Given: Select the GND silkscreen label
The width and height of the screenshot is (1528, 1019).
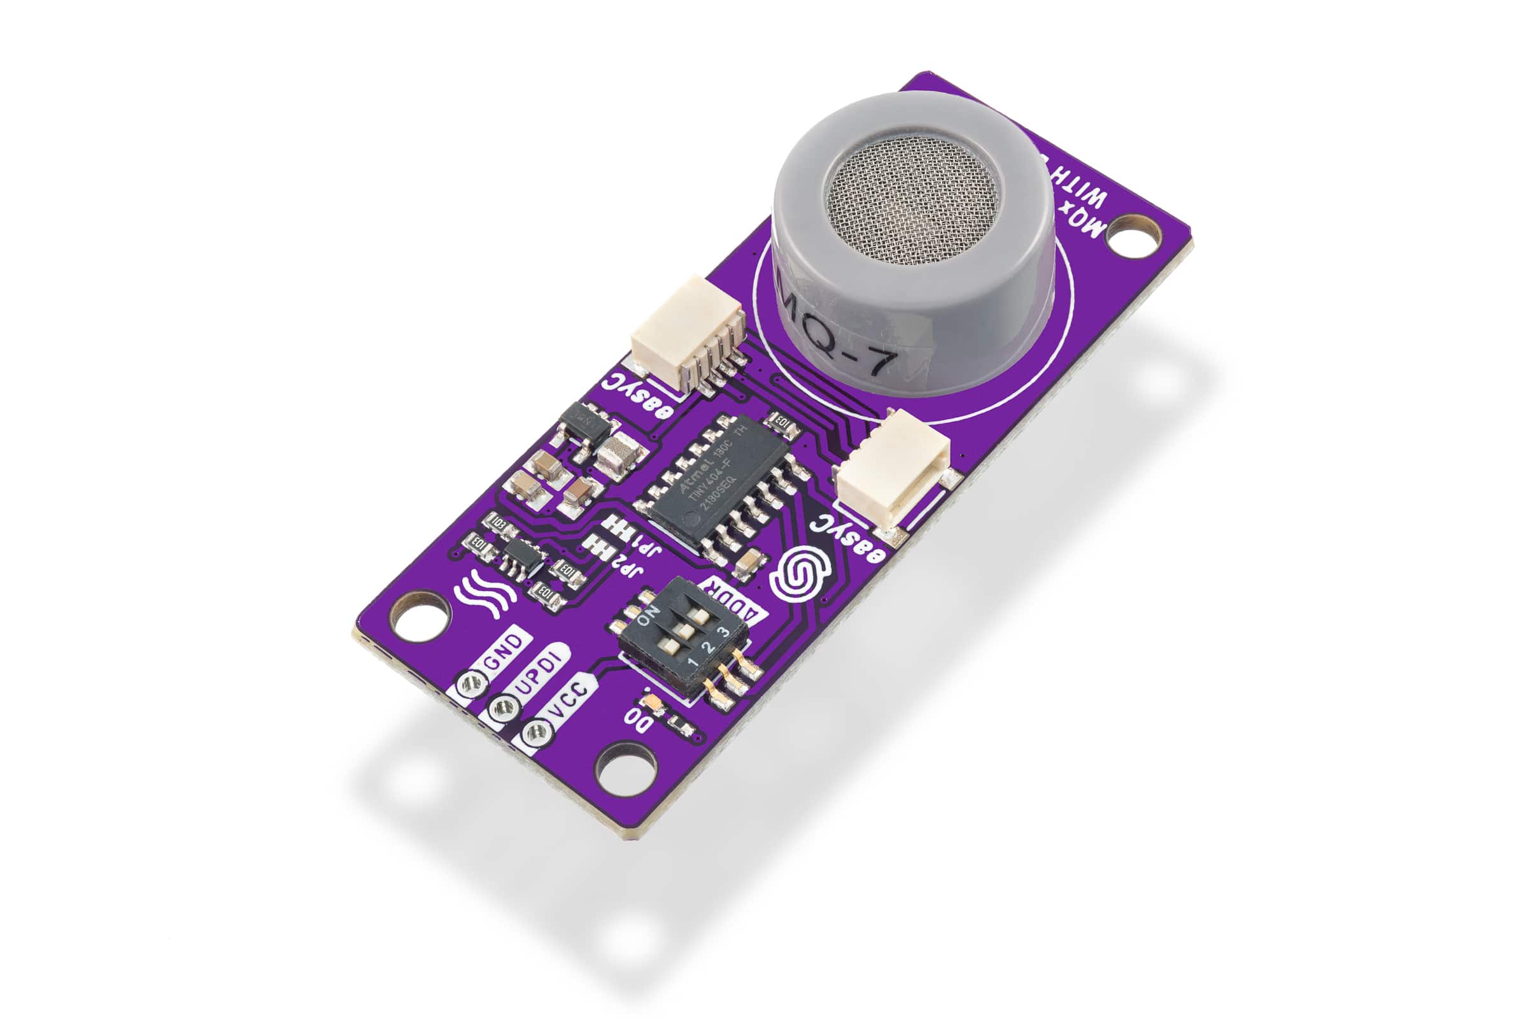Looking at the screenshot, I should [x=504, y=657].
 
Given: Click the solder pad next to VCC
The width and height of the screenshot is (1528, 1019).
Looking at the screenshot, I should [x=537, y=734].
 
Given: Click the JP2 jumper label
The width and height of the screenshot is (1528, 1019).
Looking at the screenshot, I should [x=628, y=572].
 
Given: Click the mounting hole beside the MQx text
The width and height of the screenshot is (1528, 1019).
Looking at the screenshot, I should [x=1135, y=237].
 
